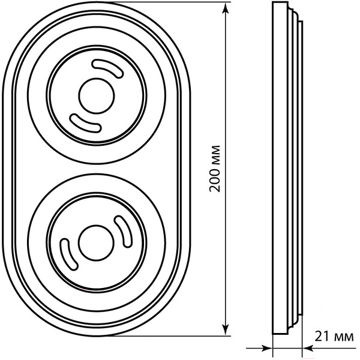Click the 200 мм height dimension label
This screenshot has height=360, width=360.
tap(215, 169)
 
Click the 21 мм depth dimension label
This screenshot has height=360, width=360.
tap(334, 337)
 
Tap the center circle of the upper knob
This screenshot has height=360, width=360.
tap(97, 96)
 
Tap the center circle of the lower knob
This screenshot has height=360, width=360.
tap(96, 243)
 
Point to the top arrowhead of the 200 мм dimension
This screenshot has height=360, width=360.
tap(226, 8)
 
